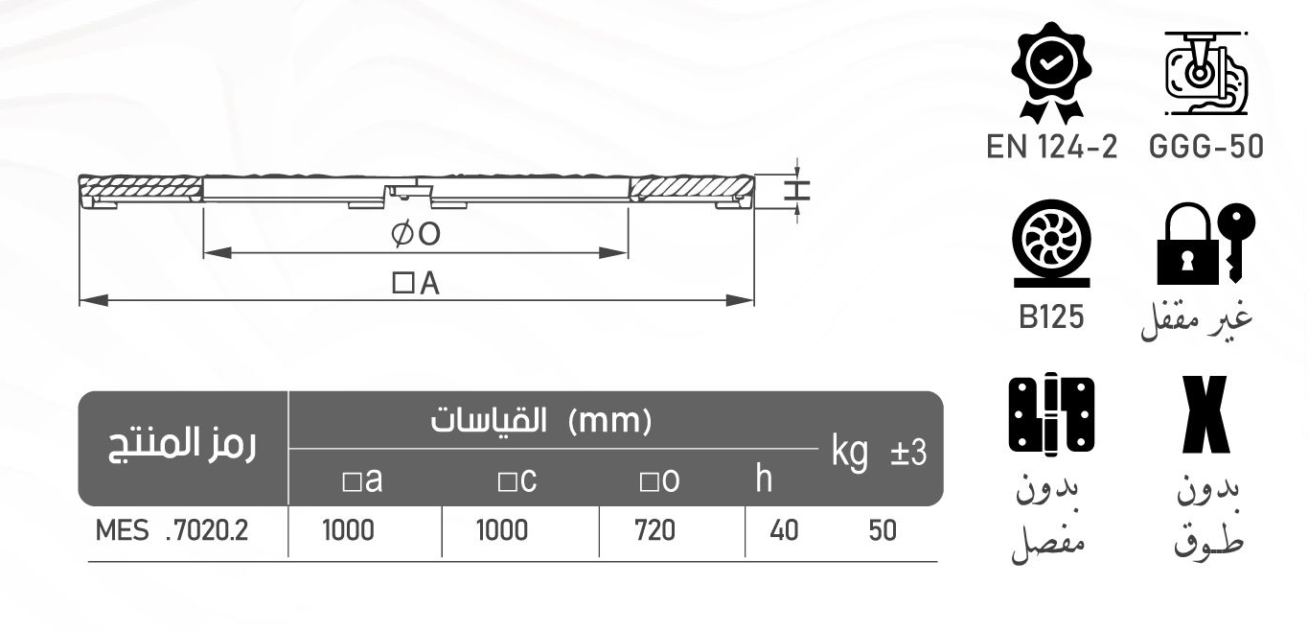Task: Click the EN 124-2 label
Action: [x=1051, y=148]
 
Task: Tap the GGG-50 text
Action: [x=1205, y=148]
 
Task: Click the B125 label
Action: [x=1051, y=317]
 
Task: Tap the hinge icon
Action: [x=1051, y=414]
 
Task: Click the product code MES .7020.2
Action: [x=172, y=530]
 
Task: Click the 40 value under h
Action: [x=784, y=530]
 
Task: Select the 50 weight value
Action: [x=883, y=530]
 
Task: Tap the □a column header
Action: [x=362, y=480]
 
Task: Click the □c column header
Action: [x=516, y=480]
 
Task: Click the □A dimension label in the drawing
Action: [x=415, y=283]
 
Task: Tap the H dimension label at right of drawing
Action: [x=796, y=189]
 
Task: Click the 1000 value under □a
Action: [x=348, y=530]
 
